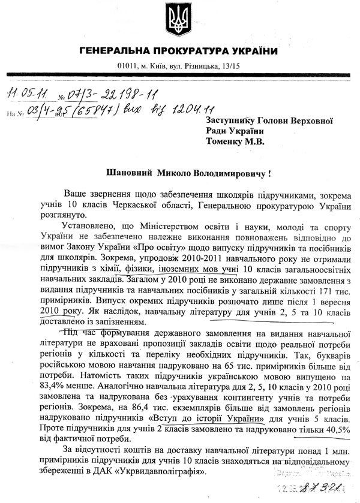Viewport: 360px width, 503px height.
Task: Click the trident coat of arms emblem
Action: point(179,22)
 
